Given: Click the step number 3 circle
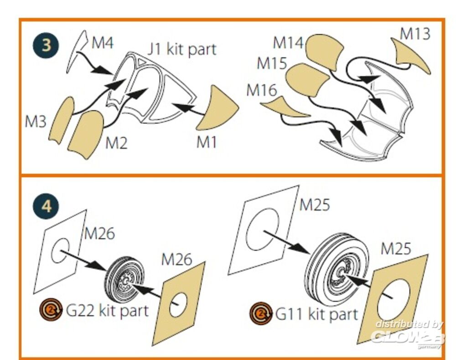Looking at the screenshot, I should pos(46,46).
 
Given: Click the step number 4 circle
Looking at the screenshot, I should pos(46,206).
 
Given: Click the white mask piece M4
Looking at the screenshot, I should pos(78,50).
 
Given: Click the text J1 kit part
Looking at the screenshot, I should pos(181,49).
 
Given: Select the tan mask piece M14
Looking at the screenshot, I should pos(324,52).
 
